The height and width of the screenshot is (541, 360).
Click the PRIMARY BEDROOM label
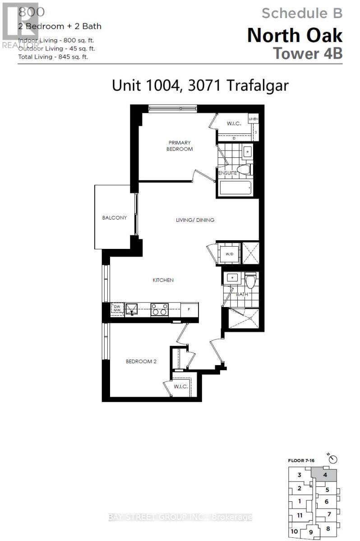click(180, 146)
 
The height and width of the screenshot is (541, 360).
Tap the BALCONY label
click(114, 217)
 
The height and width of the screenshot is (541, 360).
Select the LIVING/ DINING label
click(195, 220)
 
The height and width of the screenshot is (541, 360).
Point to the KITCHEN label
click(163, 280)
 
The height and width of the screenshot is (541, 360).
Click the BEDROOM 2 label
click(141, 361)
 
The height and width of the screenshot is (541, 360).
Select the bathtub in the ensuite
click(235, 188)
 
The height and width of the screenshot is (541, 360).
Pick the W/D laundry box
click(229, 253)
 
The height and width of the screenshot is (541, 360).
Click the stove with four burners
click(159, 310)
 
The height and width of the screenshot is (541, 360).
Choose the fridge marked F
click(189, 310)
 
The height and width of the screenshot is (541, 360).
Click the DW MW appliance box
click(117, 309)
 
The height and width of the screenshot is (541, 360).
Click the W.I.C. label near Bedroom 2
click(181, 387)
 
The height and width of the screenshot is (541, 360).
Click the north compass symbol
click(333, 459)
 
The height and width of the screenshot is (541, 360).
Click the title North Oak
click(295, 36)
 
